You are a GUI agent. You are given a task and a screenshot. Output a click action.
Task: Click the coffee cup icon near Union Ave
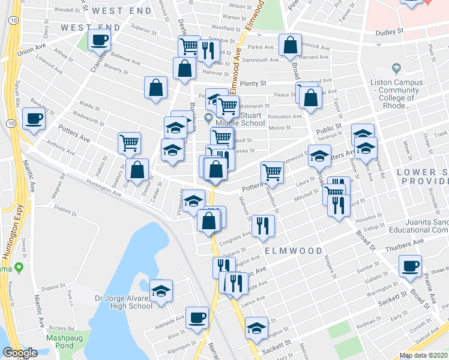[99, 40]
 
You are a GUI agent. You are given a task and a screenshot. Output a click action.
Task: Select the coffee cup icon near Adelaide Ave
[196, 317]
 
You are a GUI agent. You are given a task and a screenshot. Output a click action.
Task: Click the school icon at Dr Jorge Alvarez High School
[160, 290]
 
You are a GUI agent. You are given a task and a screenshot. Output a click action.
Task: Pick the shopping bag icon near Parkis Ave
[290, 44]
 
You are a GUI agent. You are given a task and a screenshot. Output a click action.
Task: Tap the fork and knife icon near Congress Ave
[262, 225]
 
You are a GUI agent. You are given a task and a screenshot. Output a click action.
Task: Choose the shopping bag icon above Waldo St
[155, 88]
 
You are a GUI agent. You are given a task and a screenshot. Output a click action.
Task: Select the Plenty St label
[261, 85]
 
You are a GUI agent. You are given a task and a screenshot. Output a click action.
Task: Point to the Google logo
[20, 353]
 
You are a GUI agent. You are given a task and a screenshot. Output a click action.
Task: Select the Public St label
[329, 128]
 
